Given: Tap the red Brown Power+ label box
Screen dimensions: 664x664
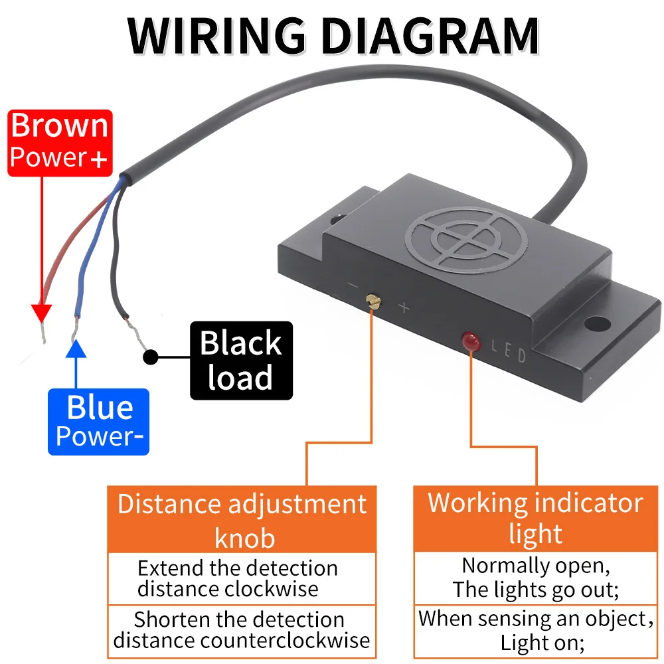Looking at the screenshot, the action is [60, 143].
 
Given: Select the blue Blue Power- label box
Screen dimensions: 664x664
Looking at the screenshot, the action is [99, 422].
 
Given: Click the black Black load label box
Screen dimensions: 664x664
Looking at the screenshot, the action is [242, 361].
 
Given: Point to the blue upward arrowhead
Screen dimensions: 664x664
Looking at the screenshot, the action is [76, 349].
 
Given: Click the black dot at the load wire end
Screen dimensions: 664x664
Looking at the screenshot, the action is [150, 357].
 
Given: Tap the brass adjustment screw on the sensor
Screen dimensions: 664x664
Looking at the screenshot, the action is [373, 301].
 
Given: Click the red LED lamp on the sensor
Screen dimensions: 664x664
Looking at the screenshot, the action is [471, 341].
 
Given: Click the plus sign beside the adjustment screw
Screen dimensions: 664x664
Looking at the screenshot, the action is [404, 307].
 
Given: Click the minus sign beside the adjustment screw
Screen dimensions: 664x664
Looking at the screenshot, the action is [353, 286].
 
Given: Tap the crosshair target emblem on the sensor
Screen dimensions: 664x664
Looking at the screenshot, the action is [466, 240].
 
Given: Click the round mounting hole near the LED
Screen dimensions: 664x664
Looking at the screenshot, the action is [597, 325].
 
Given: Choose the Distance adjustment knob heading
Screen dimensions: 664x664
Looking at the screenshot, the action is [242, 521].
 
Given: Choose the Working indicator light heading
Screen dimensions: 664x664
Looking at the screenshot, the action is [535, 519].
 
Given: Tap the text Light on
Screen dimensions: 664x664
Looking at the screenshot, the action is [542, 643].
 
